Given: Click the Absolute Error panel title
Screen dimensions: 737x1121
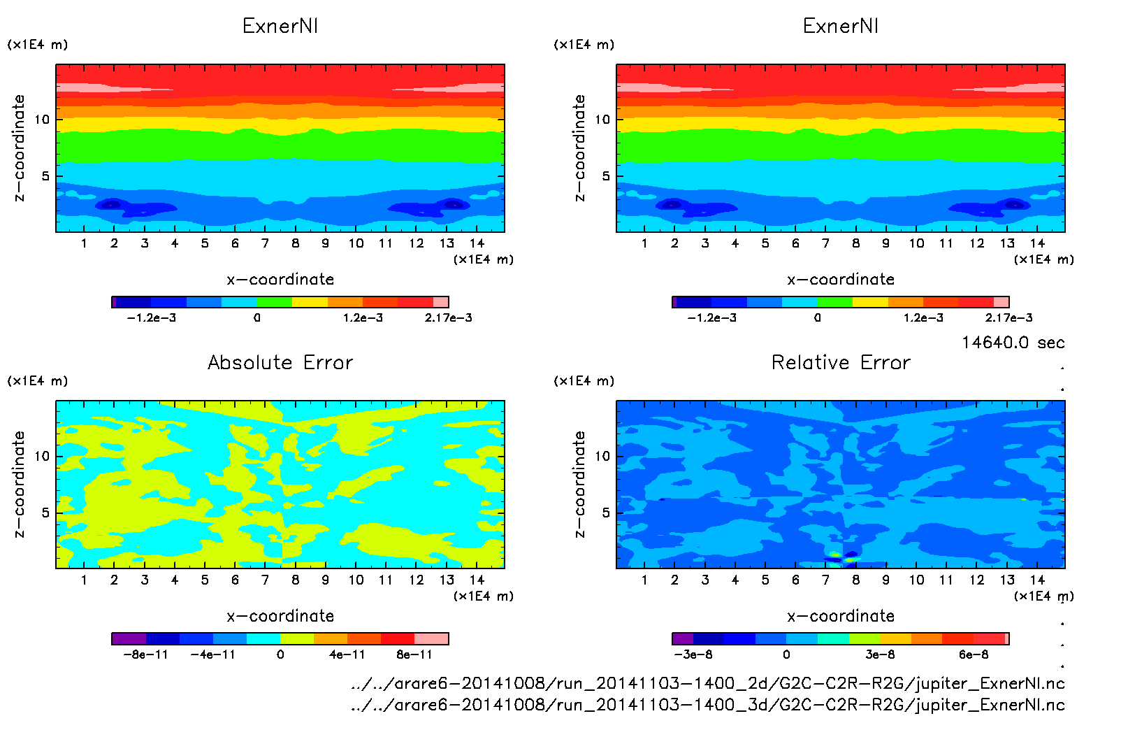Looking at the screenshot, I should pyautogui.click(x=280, y=362).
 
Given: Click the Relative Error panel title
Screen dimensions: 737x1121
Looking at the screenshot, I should pyautogui.click(x=841, y=362).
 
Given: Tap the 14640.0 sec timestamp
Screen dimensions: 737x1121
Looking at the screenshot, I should pyautogui.click(x=1013, y=343).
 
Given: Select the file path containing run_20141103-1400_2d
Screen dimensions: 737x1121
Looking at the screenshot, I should pyautogui.click(x=707, y=683).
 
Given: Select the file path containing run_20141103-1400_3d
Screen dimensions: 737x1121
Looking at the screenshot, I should pyautogui.click(x=707, y=705).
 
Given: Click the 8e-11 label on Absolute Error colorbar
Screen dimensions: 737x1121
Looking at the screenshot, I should pyautogui.click(x=414, y=654).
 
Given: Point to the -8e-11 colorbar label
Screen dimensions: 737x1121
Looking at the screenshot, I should pyautogui.click(x=145, y=654).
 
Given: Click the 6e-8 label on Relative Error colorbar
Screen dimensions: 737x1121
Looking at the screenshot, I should pyautogui.click(x=974, y=654).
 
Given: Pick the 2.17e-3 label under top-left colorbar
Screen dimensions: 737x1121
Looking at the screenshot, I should pyautogui.click(x=448, y=318).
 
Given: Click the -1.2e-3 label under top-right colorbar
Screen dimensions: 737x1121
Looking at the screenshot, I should pyautogui.click(x=711, y=318).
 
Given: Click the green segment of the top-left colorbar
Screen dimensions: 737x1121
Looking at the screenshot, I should pyautogui.click(x=274, y=302).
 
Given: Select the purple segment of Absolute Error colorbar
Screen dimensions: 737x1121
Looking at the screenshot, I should pyautogui.click(x=129, y=638).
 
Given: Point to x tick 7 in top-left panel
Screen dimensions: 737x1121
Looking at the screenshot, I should pyautogui.click(x=265, y=243).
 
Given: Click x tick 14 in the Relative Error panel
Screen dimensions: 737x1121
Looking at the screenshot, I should pyautogui.click(x=1037, y=580).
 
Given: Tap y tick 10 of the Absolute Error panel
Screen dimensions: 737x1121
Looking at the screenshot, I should pyautogui.click(x=42, y=457).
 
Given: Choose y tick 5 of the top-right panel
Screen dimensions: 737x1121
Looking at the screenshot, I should pyautogui.click(x=606, y=176).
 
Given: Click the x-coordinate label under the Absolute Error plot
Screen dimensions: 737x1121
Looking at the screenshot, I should pyautogui.click(x=280, y=616).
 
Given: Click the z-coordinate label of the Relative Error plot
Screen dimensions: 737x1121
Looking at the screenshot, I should pyautogui.click(x=579, y=484).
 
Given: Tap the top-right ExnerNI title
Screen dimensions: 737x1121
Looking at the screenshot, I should pyautogui.click(x=841, y=26).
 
